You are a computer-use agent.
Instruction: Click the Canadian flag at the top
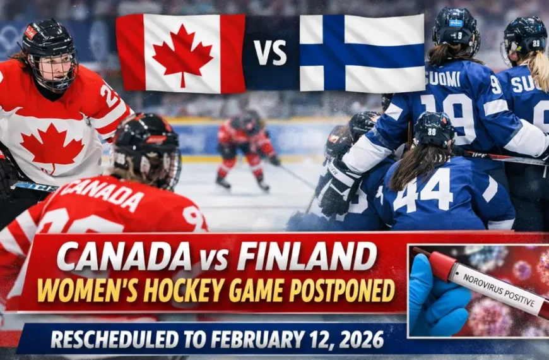point(180,54)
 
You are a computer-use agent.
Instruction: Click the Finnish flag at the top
point(362,53)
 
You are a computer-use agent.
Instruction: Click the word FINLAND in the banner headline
point(307,257)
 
